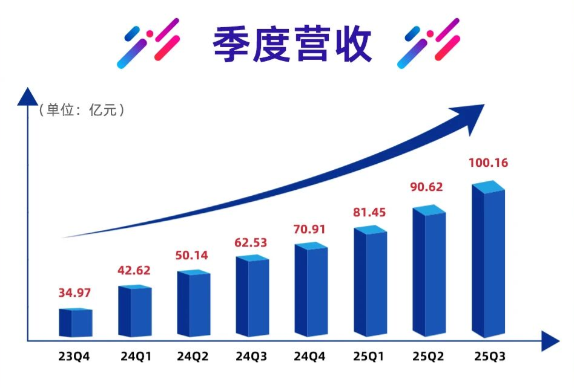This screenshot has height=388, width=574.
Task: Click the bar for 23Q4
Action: point(75,323)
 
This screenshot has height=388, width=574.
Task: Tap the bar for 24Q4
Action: point(311,291)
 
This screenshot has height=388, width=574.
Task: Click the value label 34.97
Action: point(75,294)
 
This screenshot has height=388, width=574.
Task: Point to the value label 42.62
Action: point(134,270)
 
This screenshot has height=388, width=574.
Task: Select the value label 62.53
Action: point(252,242)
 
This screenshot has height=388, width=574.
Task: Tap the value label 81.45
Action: point(369,212)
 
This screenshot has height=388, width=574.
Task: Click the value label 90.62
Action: point(426,187)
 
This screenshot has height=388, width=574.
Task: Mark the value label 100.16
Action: point(488,163)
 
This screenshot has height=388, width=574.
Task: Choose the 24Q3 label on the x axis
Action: point(252,357)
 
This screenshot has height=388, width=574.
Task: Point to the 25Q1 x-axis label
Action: point(369,357)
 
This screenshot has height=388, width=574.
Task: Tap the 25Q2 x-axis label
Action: point(429,357)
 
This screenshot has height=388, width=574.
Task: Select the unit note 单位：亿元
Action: point(82,110)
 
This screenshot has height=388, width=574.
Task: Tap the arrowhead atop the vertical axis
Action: point(27,96)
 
